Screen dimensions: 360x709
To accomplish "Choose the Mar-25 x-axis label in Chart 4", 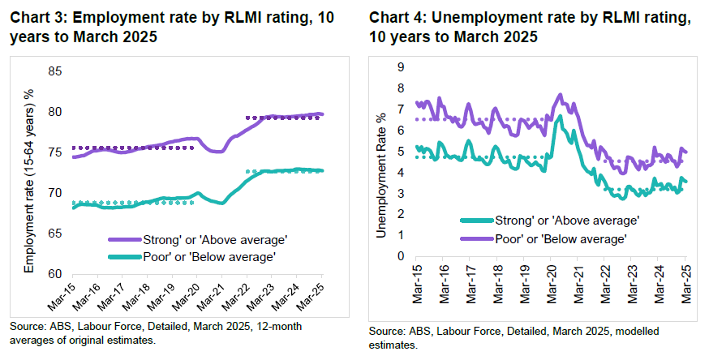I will [x=684, y=284].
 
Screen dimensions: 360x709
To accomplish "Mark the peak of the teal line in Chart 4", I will [x=560, y=116].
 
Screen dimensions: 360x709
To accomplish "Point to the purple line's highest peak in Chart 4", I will [x=561, y=95].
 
